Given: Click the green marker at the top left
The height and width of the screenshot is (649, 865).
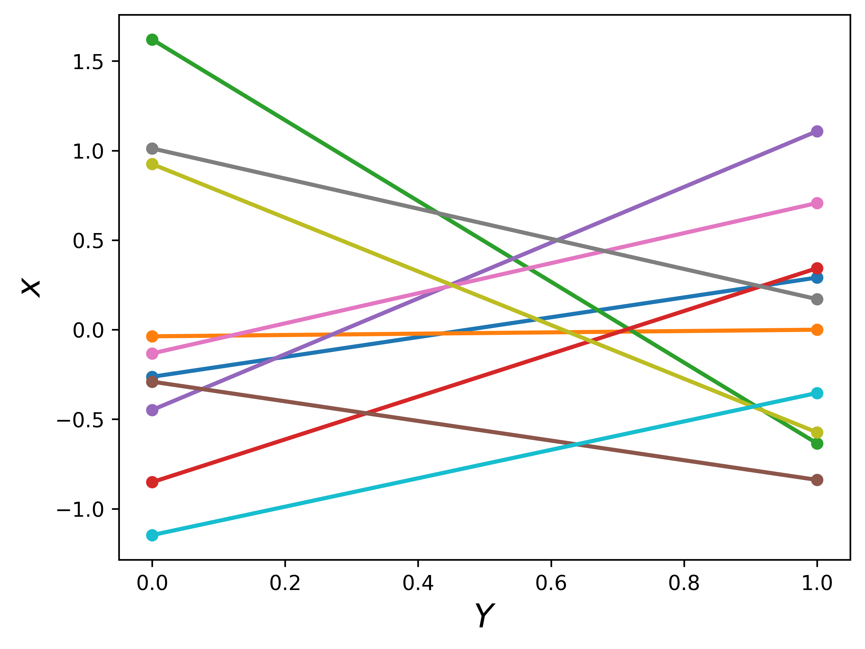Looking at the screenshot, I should pos(152,40).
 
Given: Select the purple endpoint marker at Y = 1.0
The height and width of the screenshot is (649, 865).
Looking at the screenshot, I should pos(817,131).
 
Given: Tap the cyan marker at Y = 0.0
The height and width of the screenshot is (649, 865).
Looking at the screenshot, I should pos(152,535).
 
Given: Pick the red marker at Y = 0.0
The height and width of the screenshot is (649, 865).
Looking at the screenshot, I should pos(152,482).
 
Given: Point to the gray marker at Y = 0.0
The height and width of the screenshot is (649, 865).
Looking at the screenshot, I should pos(152,149).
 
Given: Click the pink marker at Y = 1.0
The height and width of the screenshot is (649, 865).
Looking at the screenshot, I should pos(817,203).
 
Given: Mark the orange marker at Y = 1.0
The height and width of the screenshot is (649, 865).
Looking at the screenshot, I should pos(817,330).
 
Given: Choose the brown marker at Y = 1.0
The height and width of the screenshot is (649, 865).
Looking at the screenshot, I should pos(817,480).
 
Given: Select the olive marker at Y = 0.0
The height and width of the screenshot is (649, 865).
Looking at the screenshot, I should pos(152,164).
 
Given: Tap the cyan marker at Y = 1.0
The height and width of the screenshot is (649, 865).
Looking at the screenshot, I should pos(817,393).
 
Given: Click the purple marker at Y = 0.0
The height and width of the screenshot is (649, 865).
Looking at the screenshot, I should pos(152,410).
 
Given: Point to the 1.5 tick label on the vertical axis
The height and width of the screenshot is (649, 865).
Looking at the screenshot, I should pos(88,62).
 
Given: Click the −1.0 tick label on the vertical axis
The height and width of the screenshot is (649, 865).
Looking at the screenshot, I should pos(80,509).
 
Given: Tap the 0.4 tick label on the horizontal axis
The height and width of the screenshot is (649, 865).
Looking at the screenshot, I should pos(418,583).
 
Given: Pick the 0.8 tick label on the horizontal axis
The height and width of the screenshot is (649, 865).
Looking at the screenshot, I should pos(684,583).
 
